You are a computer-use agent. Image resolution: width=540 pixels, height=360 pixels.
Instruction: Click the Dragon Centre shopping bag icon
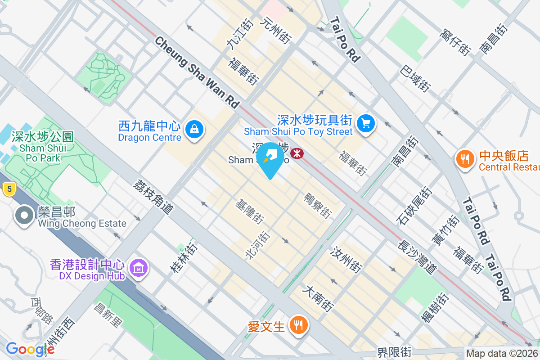tap(194, 129)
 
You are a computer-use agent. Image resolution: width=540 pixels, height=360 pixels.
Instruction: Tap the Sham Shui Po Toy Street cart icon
tap(365, 123)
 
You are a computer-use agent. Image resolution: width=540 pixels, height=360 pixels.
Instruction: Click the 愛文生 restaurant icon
tap(297, 325)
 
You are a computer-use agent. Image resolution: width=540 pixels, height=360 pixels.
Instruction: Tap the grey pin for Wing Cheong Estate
tap(24, 216)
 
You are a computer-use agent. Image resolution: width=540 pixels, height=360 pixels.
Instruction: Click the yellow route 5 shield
tap(9, 189)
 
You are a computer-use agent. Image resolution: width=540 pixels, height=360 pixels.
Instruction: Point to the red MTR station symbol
tap(297, 153)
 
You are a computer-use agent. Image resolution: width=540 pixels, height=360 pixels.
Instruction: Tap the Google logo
tap(30, 349)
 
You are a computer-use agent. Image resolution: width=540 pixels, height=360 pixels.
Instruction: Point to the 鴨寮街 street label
tap(318, 205)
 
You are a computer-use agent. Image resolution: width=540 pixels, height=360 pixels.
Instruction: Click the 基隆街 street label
tap(250, 212)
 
